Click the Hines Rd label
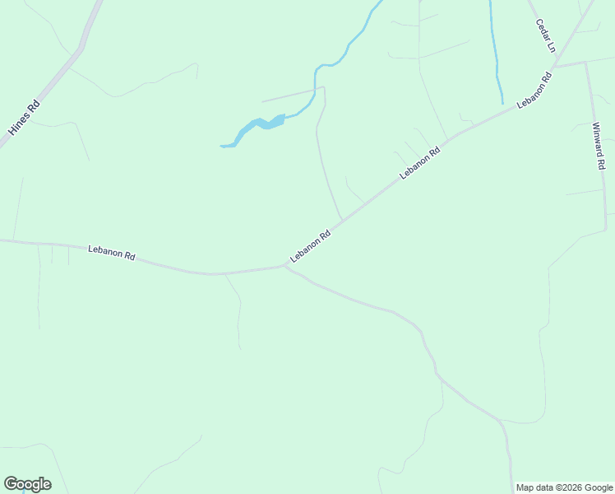pyautogui.click(x=24, y=118)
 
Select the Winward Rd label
pyautogui.click(x=599, y=146)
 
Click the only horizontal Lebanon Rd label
pyautogui.click(x=112, y=251)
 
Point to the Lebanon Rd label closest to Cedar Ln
pyautogui.click(x=534, y=91)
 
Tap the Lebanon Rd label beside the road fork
pyautogui.click(x=310, y=246)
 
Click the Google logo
pyautogui.click(x=27, y=484)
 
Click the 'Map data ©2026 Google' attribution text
pyautogui.click(x=564, y=487)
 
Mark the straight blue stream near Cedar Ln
pyautogui.click(x=495, y=49)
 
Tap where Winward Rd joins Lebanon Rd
pyautogui.click(x=585, y=63)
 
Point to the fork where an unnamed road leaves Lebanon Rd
pyautogui.click(x=284, y=266)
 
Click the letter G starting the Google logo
pyautogui.click(x=11, y=484)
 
